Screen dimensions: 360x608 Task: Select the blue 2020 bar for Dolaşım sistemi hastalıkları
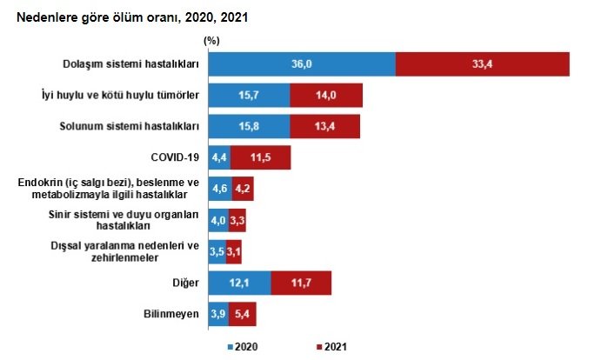(x=301, y=64)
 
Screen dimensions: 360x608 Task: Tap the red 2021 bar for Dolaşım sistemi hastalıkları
(x=483, y=64)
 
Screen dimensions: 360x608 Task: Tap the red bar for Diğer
(x=301, y=283)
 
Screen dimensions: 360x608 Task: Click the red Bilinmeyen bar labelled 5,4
(x=243, y=314)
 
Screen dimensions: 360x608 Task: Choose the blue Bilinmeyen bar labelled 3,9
(x=217, y=314)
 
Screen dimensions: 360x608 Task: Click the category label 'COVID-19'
(x=176, y=157)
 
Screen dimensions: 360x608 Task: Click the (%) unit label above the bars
(x=211, y=39)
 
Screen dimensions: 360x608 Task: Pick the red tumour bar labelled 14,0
(x=326, y=96)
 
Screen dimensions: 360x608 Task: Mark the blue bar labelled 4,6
(x=219, y=189)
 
